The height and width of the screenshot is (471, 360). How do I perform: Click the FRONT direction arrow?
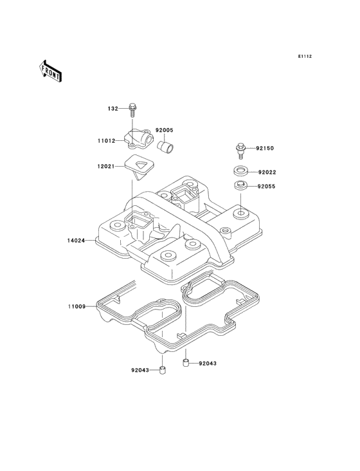point(50,71)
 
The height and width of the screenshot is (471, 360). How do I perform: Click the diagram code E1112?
point(305,56)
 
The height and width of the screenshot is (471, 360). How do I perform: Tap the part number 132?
point(113,109)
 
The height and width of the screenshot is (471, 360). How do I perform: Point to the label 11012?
point(106,140)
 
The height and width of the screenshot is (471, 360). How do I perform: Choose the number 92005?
point(165,131)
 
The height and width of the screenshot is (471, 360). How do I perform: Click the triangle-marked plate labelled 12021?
point(139,166)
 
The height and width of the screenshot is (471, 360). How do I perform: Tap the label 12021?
point(105,166)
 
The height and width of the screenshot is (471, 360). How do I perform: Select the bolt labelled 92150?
point(240,151)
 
